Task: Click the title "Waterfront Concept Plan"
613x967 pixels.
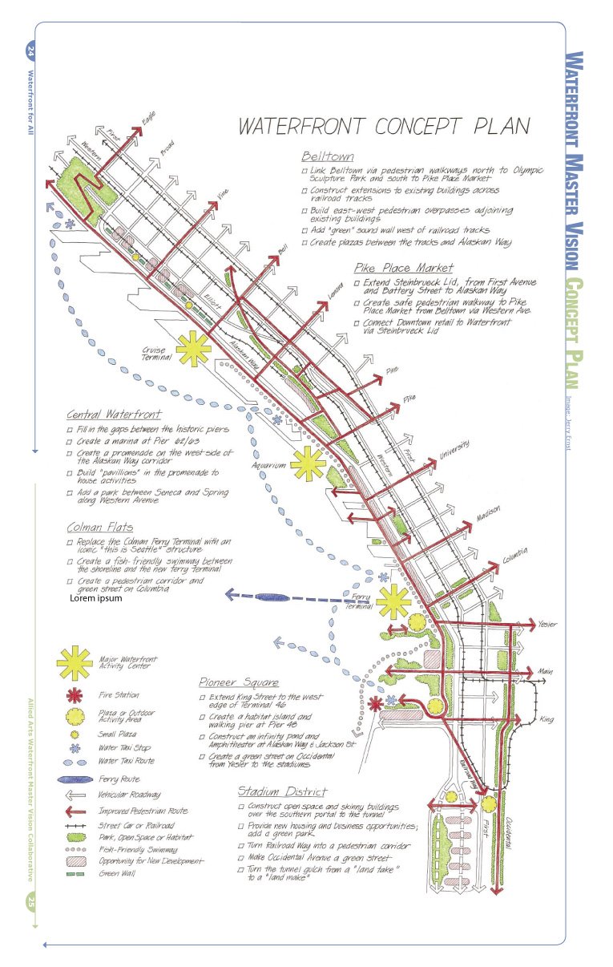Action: tap(384, 126)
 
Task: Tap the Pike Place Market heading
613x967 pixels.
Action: tap(403, 268)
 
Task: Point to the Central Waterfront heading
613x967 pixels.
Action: tap(114, 415)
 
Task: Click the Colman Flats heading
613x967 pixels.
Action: tap(99, 528)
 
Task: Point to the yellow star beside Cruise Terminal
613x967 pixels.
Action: tap(193, 349)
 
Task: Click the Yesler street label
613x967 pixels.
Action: tap(548, 624)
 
